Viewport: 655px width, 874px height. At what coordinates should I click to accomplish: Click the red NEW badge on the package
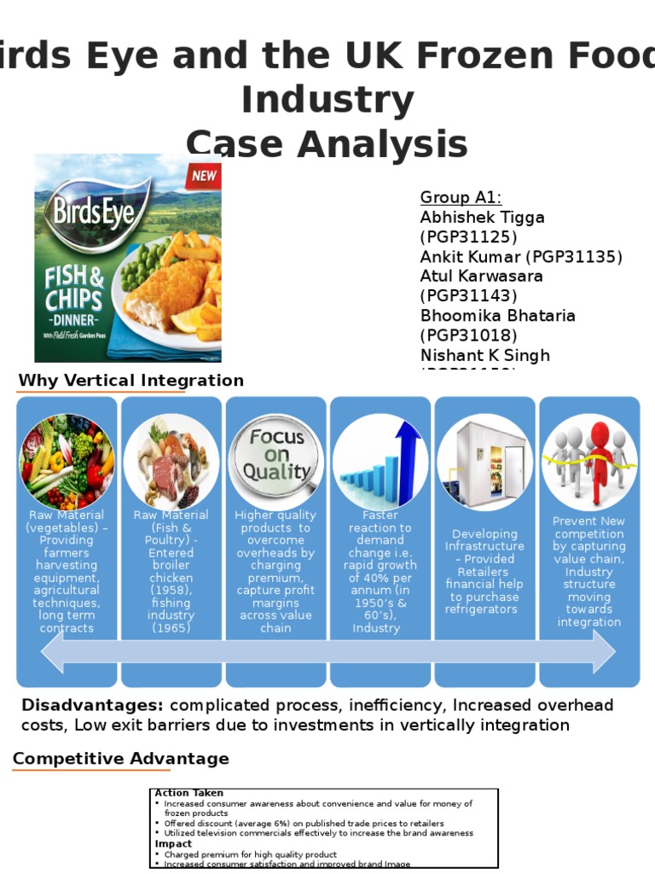click(204, 177)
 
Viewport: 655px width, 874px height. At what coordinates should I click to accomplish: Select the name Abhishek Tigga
click(482, 218)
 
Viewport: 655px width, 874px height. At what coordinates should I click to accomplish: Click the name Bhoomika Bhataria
click(497, 316)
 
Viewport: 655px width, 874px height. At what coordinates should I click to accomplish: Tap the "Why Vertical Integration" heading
click(131, 381)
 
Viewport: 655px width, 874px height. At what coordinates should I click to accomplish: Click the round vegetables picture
click(67, 462)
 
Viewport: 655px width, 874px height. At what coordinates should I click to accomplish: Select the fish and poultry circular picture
click(171, 462)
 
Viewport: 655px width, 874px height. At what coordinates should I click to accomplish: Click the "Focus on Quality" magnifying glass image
click(275, 458)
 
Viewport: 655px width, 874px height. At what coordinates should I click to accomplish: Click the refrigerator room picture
click(484, 462)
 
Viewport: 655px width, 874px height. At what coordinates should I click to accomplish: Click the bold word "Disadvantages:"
click(92, 706)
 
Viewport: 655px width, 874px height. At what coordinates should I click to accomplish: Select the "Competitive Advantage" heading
click(121, 759)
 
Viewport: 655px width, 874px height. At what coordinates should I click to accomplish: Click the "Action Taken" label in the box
click(188, 793)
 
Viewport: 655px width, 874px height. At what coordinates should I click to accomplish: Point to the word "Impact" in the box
click(173, 844)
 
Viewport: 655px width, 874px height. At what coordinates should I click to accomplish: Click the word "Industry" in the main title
click(327, 100)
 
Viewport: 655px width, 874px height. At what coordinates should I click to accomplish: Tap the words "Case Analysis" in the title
click(327, 143)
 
